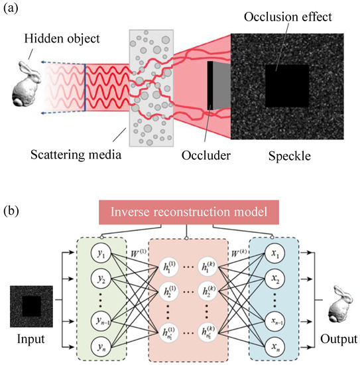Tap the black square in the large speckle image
pyautogui.click(x=286, y=86)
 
